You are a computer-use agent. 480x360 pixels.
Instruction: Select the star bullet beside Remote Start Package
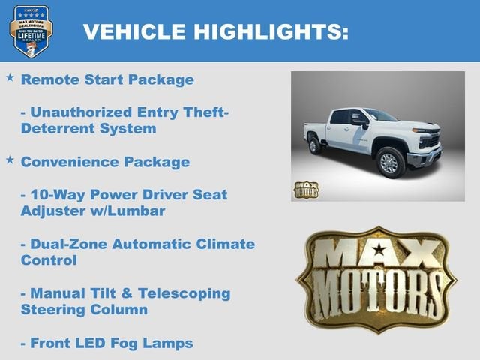pyautogui.click(x=10, y=78)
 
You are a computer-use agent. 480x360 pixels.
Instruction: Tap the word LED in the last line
pyautogui.click(x=95, y=343)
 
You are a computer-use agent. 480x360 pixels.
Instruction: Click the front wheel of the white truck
pyautogui.click(x=391, y=163)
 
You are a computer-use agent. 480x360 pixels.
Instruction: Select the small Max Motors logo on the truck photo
pyautogui.click(x=306, y=189)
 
